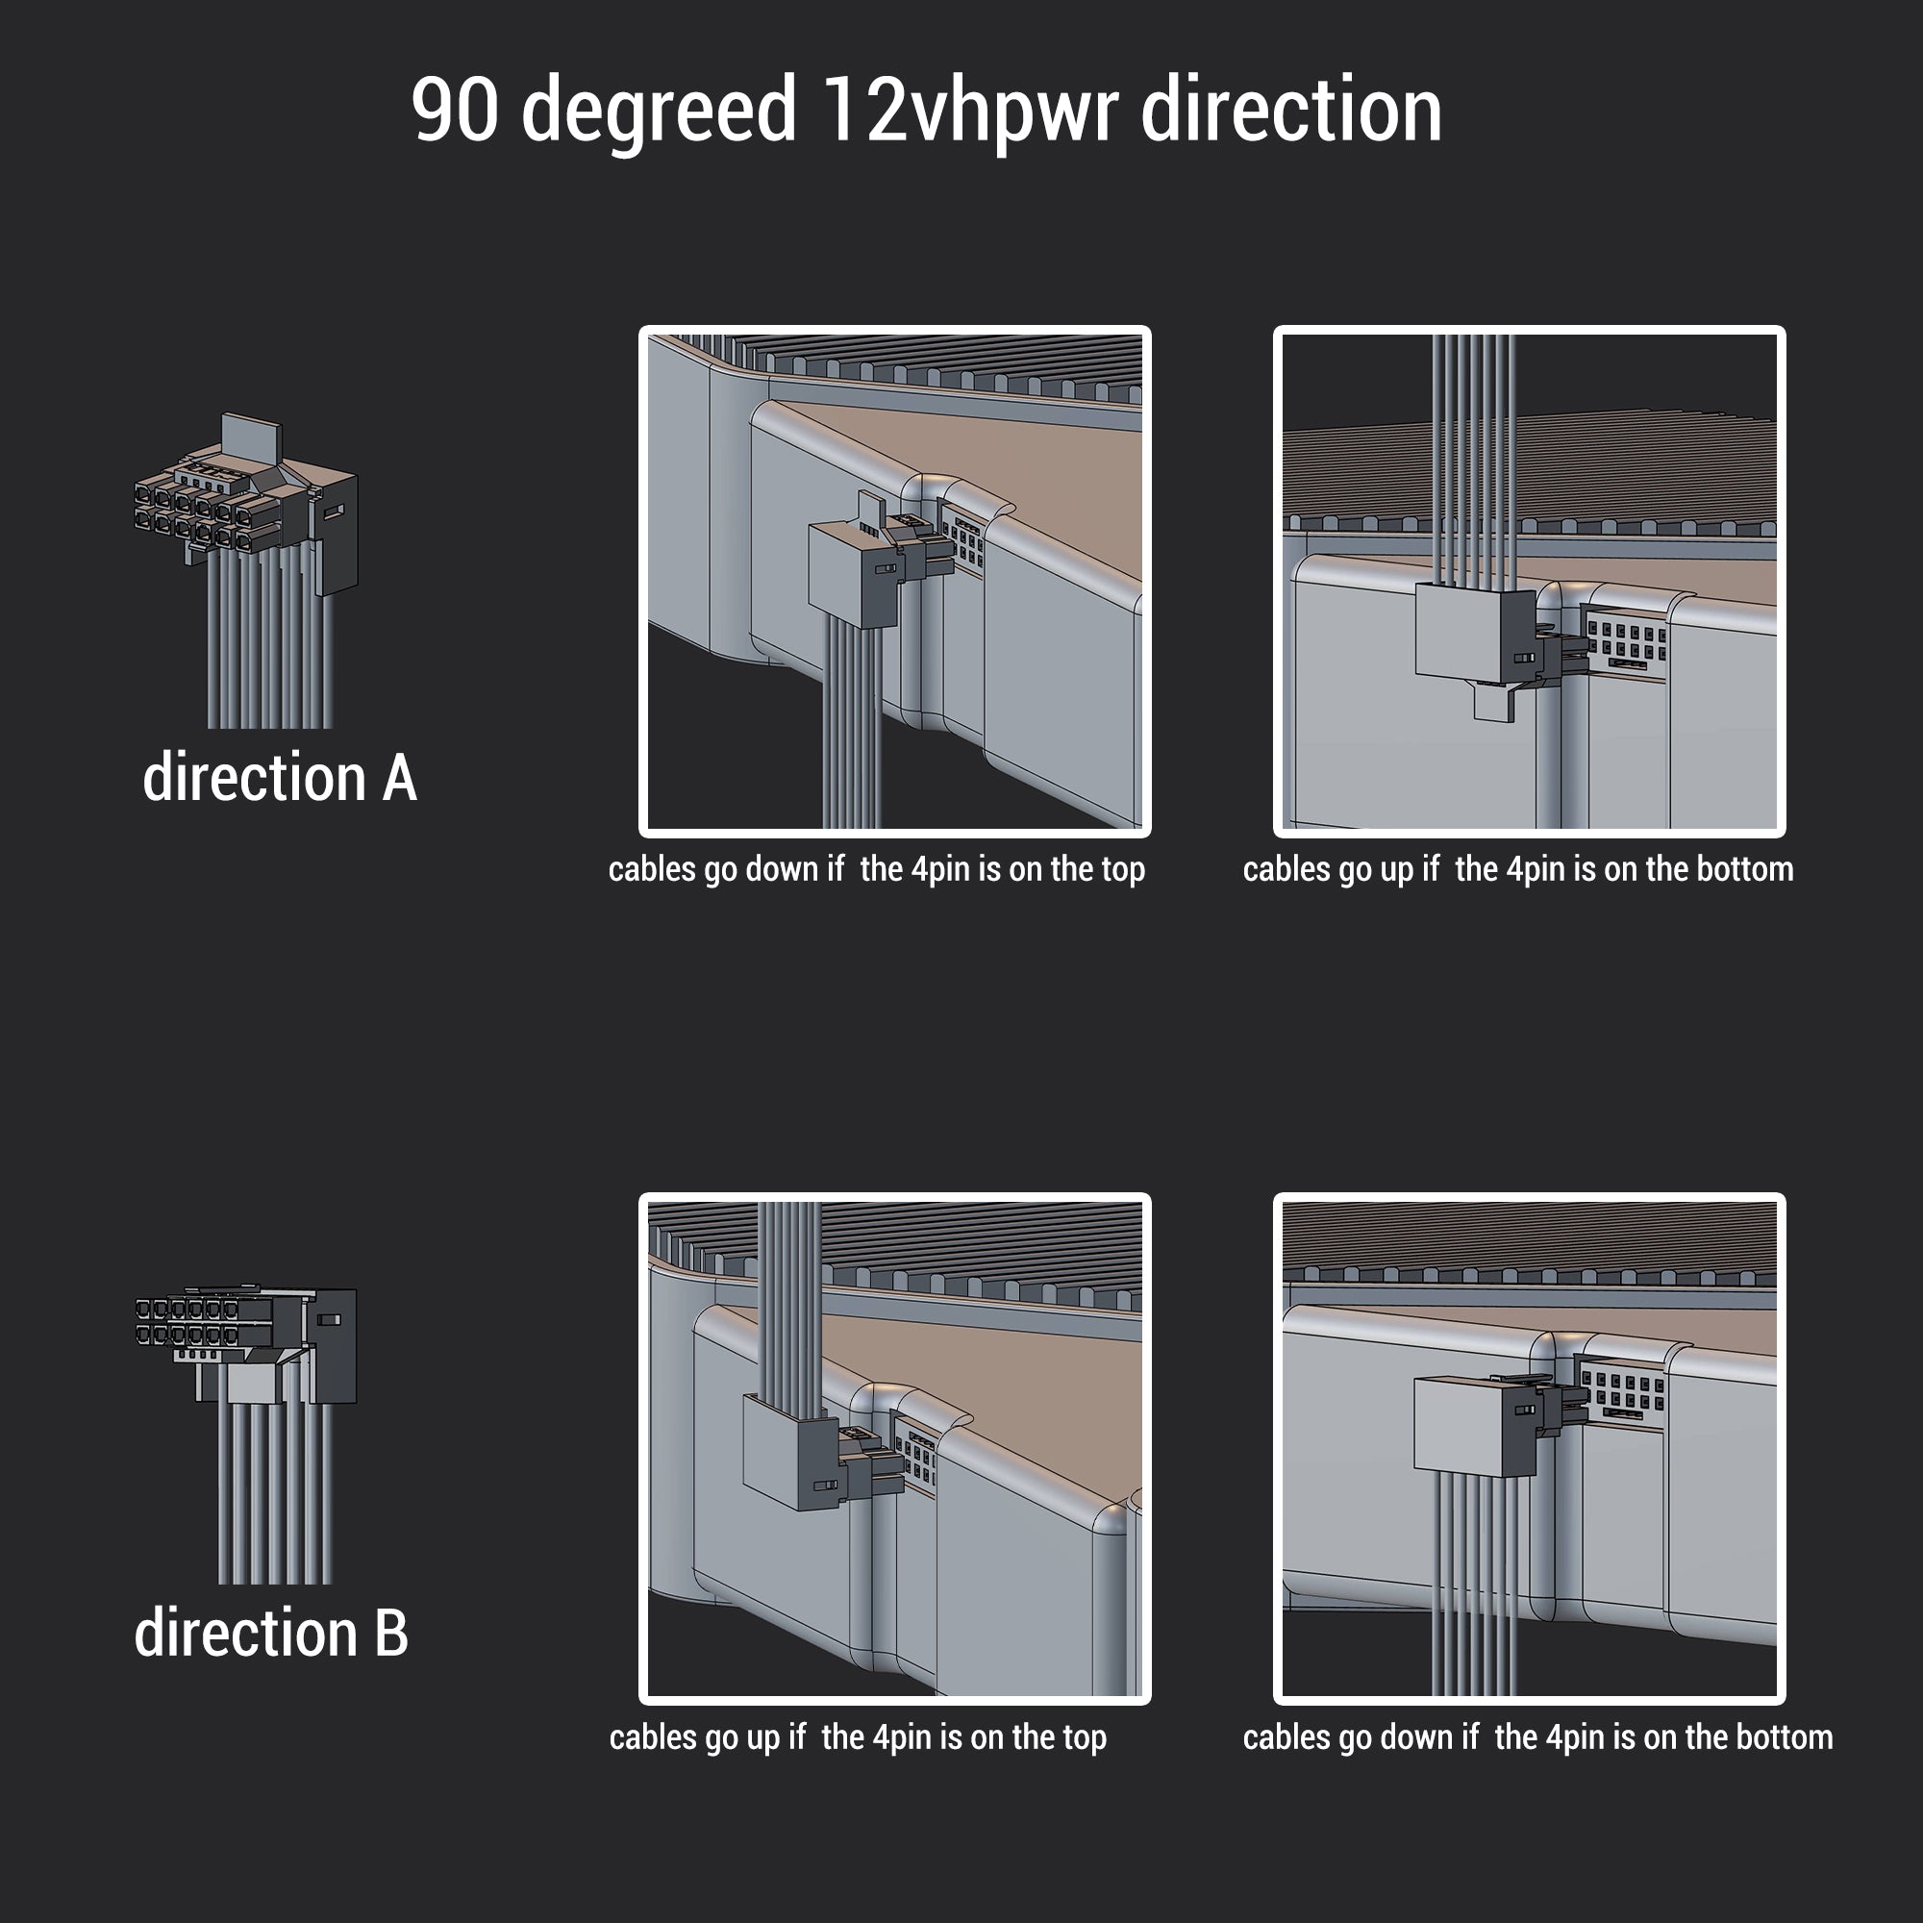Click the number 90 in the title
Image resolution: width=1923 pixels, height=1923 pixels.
(454, 110)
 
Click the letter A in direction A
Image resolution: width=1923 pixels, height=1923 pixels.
(399, 779)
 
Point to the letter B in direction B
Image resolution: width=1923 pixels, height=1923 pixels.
(391, 1635)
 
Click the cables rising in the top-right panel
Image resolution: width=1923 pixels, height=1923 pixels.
(1473, 459)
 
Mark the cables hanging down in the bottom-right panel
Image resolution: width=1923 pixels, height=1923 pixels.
(1474, 1586)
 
